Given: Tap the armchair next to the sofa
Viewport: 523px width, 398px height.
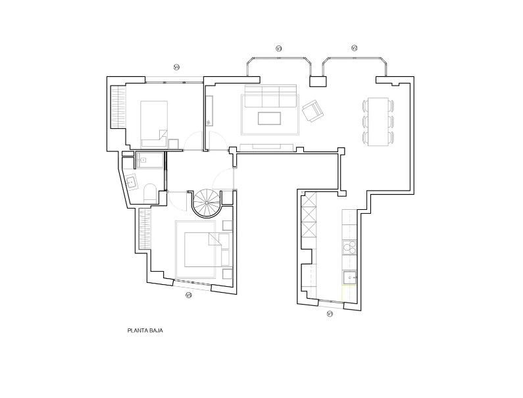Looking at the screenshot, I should [312, 111].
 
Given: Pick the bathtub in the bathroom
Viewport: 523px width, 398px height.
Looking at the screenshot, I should [149, 159].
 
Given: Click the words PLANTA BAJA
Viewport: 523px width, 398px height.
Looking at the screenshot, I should [145, 331].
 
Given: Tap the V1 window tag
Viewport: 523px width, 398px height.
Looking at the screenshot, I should [330, 314].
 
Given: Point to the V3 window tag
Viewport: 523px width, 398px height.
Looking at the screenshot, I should [278, 48].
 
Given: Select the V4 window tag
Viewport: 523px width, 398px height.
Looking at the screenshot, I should [176, 66].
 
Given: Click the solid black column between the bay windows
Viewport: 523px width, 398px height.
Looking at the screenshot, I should [318, 82].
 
